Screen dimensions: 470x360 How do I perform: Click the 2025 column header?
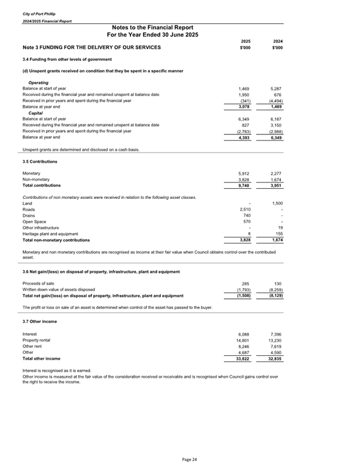tap(245, 41)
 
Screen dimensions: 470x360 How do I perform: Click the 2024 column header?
tap(277, 41)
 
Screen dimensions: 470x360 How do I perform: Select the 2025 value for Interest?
tap(244, 334)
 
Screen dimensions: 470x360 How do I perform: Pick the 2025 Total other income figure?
tap(242, 358)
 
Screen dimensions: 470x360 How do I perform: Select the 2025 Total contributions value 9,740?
tap(244, 185)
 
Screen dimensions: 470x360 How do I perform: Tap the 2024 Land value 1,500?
tap(276, 203)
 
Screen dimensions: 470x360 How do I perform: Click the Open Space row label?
tap(35, 221)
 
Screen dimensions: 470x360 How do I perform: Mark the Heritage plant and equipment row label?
tap(50, 233)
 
